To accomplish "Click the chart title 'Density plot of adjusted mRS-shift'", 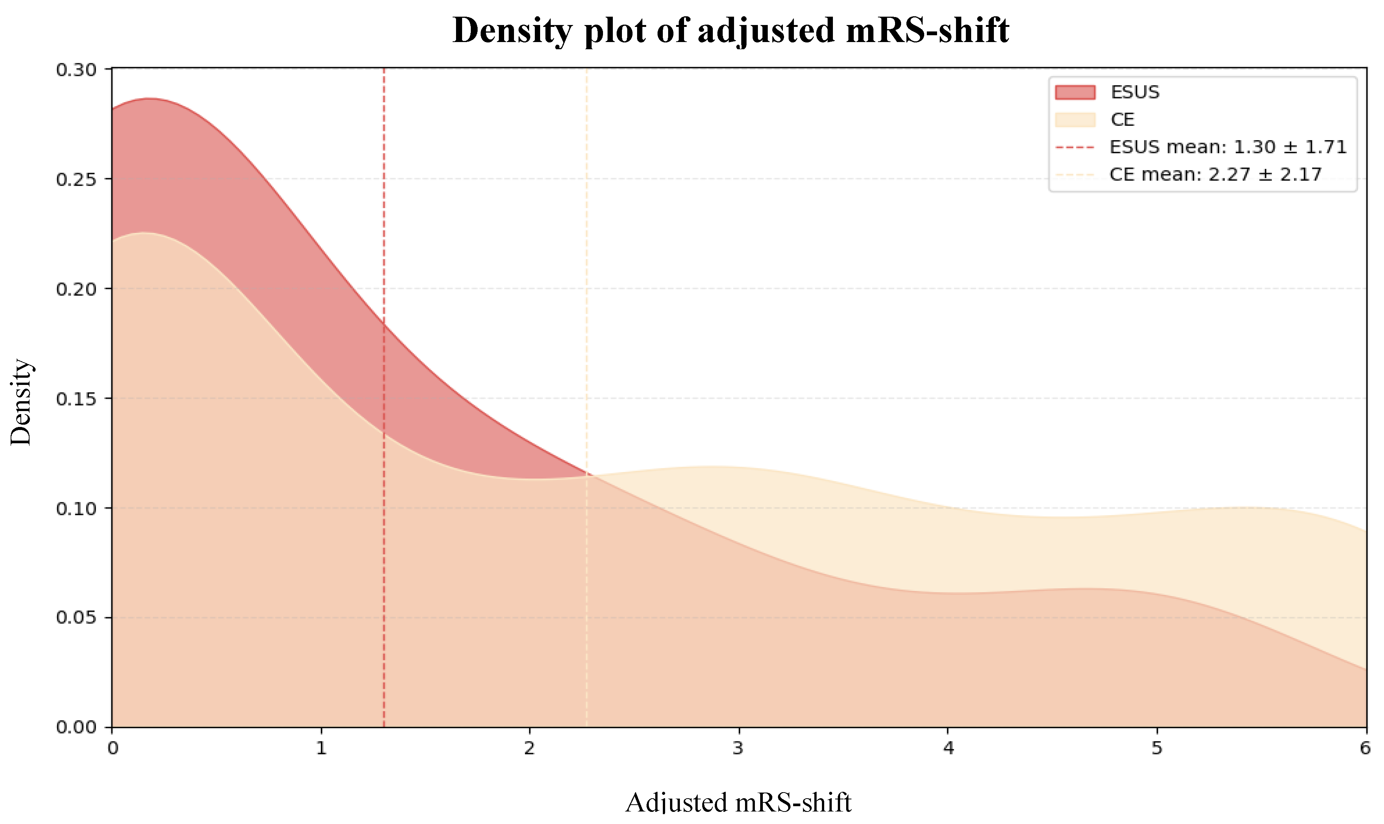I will (731, 31).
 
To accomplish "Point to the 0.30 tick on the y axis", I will (76, 70).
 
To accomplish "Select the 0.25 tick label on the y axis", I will (76, 179).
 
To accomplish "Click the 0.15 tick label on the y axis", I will (76, 399).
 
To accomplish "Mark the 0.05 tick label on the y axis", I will (76, 618).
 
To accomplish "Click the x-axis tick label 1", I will (321, 749).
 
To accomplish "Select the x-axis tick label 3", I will (738, 749).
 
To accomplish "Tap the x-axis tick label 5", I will (1156, 749).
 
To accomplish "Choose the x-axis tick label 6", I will (1365, 749).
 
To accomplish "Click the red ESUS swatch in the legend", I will (1075, 92).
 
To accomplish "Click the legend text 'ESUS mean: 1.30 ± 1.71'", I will (1228, 147).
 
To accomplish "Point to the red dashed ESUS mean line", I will (384, 222).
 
